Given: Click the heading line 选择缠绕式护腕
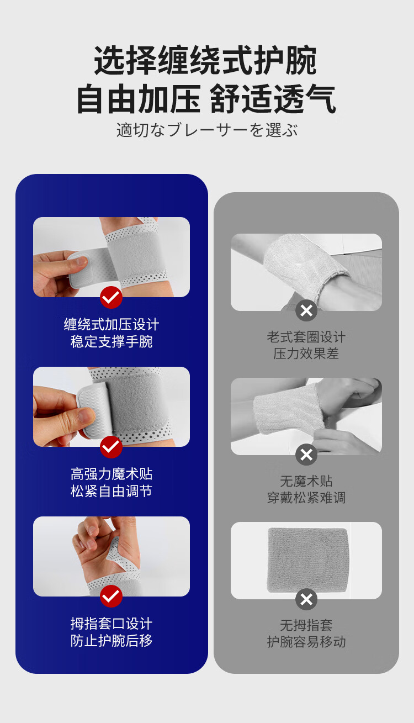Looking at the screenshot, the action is pos(205,61).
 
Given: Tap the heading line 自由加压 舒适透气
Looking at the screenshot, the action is pos(206,98).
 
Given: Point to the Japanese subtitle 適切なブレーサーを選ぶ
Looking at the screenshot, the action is pos(207,130).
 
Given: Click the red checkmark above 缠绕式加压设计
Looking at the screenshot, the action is pos(111,297).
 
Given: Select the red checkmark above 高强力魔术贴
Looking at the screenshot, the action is pos(111,447).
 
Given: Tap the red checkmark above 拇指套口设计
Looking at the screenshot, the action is pos(111,596).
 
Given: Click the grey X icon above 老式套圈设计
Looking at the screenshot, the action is pos(306,310).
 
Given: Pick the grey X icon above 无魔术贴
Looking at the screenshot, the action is pos(306,455).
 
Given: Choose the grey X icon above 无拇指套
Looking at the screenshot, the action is pos(306,599).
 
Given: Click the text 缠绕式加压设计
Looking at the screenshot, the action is pos(112,324).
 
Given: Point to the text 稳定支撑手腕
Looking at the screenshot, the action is pos(112,341).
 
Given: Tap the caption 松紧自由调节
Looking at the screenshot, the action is pos(112,491).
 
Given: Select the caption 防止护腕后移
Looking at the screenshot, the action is pos(112,641).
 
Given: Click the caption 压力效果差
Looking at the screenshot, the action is pos(306,353).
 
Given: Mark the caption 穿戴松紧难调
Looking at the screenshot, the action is pos(306,498).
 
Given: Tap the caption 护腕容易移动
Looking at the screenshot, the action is pos(306,642).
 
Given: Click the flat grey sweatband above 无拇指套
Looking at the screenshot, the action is pos(308,560).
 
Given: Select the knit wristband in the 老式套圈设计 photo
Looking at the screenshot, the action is pos(303,265).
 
